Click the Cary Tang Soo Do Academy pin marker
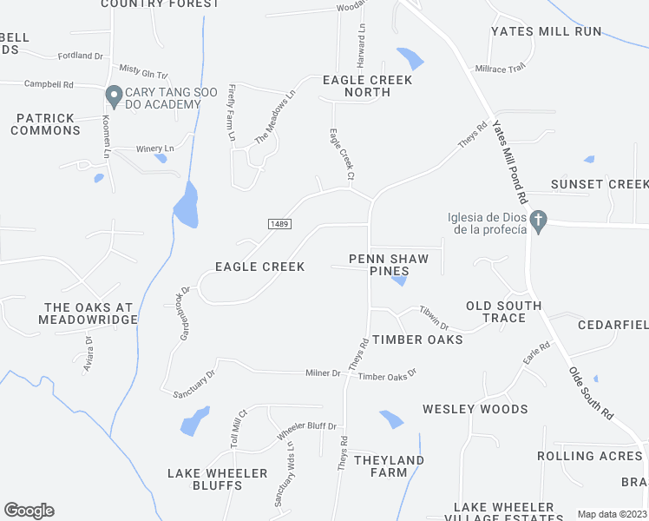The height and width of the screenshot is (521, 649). [113, 94]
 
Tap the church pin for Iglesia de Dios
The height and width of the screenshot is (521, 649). [539, 221]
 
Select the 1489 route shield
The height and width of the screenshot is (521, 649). [279, 224]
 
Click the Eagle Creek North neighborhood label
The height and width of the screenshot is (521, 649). [355, 86]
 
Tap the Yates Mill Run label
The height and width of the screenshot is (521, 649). [546, 31]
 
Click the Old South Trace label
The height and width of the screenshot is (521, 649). [504, 312]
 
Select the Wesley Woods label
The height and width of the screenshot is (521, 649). [475, 409]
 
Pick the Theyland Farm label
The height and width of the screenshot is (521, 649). [389, 466]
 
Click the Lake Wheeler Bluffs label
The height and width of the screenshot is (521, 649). [217, 479]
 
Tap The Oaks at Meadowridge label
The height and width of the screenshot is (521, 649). [90, 313]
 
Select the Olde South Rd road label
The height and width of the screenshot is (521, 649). [590, 392]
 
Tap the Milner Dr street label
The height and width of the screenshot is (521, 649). [323, 373]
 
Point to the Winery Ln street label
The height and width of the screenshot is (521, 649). [156, 149]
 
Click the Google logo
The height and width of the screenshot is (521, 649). [29, 511]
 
